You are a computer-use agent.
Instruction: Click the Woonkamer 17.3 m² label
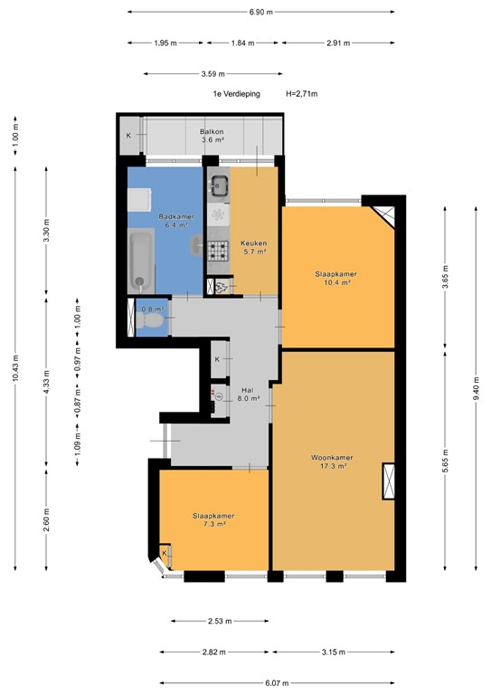334,462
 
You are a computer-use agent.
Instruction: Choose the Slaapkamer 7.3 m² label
208,519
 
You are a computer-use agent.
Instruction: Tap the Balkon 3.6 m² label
212,136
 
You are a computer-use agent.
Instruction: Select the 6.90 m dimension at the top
260,12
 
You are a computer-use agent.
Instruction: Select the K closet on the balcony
128,136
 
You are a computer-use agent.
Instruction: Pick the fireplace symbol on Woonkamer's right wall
389,481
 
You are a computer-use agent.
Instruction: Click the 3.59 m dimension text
213,74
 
